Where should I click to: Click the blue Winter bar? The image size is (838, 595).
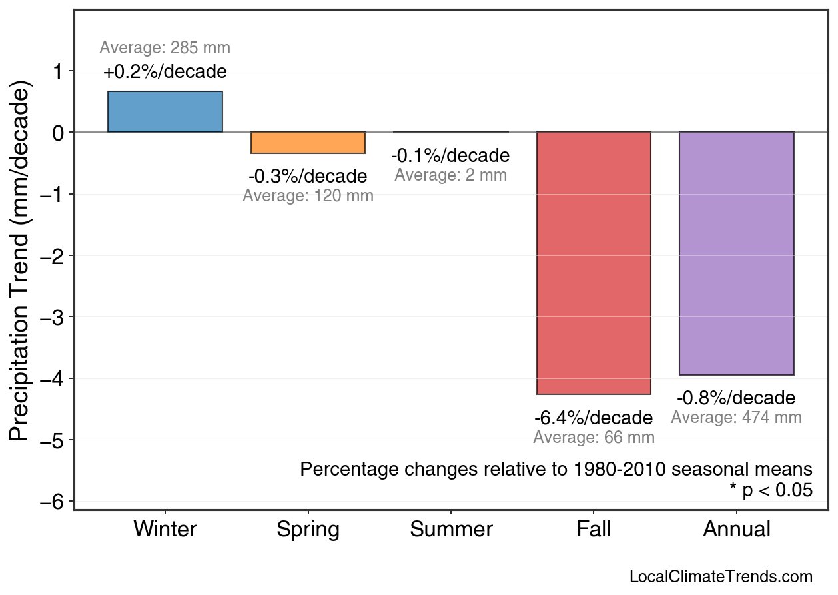pyautogui.click(x=165, y=112)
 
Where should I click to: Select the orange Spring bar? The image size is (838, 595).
pyautogui.click(x=308, y=143)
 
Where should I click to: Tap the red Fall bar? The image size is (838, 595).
pyautogui.click(x=594, y=263)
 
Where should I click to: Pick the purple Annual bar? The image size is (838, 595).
pyautogui.click(x=736, y=253)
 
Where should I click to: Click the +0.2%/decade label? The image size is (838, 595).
pyautogui.click(x=165, y=72)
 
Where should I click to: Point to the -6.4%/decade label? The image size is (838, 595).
pyautogui.click(x=594, y=418)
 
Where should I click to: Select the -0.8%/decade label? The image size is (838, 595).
pyautogui.click(x=736, y=398)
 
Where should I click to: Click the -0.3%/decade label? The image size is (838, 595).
pyautogui.click(x=308, y=177)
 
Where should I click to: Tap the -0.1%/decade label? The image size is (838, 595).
pyautogui.click(x=450, y=156)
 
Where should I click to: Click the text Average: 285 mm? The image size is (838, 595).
pyautogui.click(x=165, y=48)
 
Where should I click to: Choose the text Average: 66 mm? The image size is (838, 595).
pyautogui.click(x=594, y=438)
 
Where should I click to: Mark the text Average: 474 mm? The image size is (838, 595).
pyautogui.click(x=736, y=418)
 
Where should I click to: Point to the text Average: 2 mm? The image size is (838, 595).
pyautogui.click(x=450, y=175)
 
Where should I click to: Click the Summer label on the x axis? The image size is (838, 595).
pyautogui.click(x=451, y=530)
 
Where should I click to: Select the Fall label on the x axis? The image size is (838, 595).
pyautogui.click(x=594, y=530)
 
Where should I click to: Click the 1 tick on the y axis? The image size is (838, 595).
pyautogui.click(x=59, y=71)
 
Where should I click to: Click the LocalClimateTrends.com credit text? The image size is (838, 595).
pyautogui.click(x=721, y=577)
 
